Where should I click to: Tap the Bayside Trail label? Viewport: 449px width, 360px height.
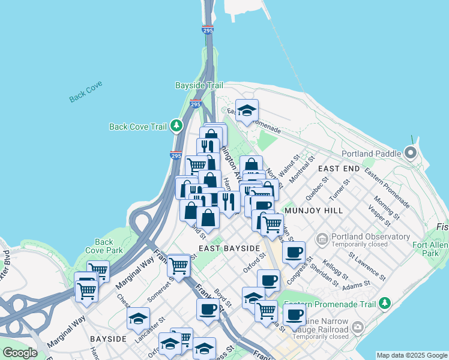(x=199, y=86)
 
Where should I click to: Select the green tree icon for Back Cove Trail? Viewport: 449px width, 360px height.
(x=176, y=126)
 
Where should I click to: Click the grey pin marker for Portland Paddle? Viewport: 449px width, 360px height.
(x=411, y=152)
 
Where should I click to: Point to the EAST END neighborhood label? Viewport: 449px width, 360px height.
(x=339, y=169)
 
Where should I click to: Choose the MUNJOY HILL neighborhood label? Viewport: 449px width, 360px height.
(x=314, y=211)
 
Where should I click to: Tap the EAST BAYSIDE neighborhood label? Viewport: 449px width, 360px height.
(x=229, y=248)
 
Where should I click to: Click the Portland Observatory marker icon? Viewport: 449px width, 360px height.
(x=322, y=239)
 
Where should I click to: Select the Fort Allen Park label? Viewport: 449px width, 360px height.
(x=430, y=248)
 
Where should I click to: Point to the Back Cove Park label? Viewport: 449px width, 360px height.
(x=104, y=246)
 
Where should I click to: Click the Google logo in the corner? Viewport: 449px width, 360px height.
(x=20, y=353)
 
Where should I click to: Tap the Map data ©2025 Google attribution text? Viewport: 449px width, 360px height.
(x=411, y=355)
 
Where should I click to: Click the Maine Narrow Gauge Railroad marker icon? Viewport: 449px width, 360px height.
(x=358, y=327)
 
